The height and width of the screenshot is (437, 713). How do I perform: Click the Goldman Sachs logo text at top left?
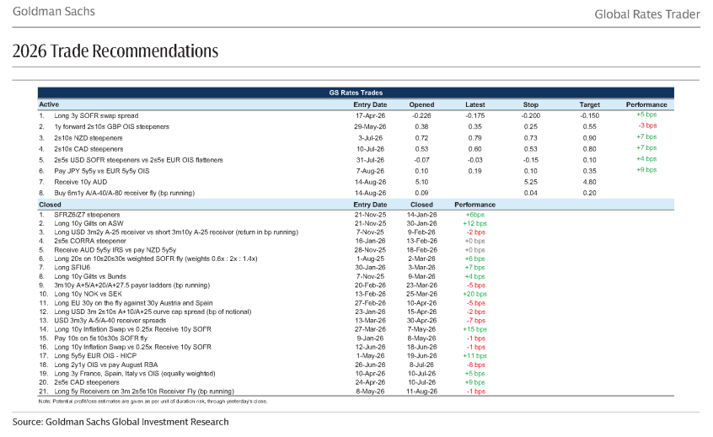click(x=54, y=11)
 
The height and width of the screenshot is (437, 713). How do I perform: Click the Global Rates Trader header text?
click(x=647, y=14)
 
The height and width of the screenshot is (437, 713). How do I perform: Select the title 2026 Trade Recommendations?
click(x=115, y=51)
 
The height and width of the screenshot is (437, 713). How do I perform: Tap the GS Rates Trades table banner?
click(x=356, y=93)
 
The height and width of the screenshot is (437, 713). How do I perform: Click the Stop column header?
click(x=530, y=104)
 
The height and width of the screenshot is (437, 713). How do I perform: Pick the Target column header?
click(x=589, y=104)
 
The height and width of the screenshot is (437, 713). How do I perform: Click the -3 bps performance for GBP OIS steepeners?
click(x=647, y=125)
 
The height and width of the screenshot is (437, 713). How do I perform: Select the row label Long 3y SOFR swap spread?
click(x=96, y=116)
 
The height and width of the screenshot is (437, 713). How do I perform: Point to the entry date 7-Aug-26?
click(x=370, y=171)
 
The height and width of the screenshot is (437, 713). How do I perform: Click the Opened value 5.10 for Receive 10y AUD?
click(x=421, y=182)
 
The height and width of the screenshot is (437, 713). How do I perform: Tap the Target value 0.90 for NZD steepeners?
click(x=589, y=138)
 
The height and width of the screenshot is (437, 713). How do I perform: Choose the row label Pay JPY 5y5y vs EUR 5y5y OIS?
click(x=102, y=171)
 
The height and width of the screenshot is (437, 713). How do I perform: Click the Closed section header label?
click(x=51, y=205)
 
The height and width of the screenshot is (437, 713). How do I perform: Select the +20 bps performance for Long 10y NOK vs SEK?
click(x=474, y=294)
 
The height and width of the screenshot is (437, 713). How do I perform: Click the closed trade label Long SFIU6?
click(x=72, y=268)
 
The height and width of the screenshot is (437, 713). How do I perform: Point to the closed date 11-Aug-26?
click(x=422, y=392)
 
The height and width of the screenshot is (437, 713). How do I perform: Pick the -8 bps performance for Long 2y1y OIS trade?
click(x=476, y=365)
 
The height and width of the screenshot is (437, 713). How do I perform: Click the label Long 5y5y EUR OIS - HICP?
click(x=95, y=355)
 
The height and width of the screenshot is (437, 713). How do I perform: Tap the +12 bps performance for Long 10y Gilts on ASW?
click(x=474, y=223)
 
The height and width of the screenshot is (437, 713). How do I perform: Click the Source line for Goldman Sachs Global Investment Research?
click(x=121, y=422)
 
